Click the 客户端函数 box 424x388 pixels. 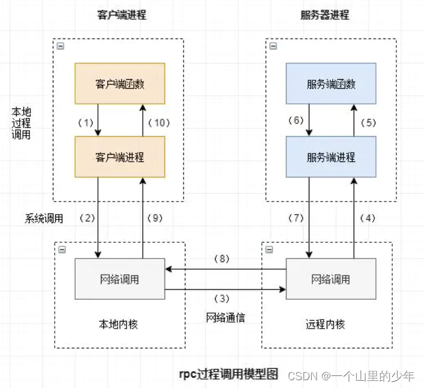click(x=120, y=84)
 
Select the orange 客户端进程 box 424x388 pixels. click(x=120, y=157)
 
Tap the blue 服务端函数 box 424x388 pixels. click(x=331, y=84)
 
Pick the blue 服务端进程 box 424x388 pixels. click(x=331, y=157)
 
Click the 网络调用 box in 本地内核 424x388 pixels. click(x=120, y=279)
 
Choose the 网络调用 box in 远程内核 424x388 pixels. click(x=331, y=279)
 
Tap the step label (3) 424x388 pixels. click(x=224, y=297)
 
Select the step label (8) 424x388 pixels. click(x=224, y=260)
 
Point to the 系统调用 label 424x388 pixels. click(x=44, y=218)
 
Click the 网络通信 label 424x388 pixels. click(x=225, y=317)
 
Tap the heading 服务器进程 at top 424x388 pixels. click(x=325, y=15)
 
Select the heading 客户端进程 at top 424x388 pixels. click(x=121, y=15)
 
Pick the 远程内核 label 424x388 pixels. click(x=326, y=324)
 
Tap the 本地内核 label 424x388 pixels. click(x=118, y=324)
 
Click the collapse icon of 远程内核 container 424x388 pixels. click(x=268, y=249)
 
